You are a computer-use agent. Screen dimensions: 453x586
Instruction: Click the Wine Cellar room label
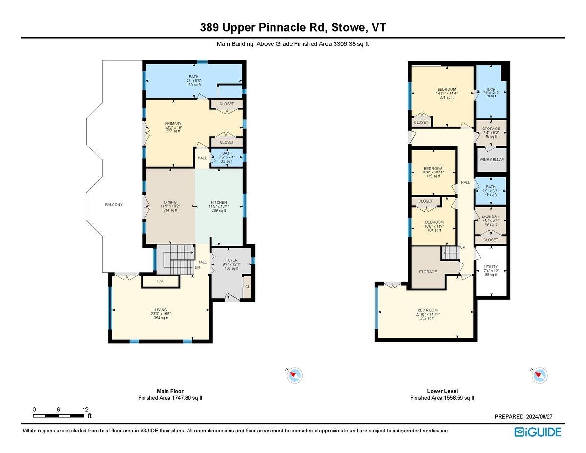pyautogui.click(x=491, y=160)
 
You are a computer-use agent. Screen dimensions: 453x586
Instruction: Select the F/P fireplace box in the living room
pyautogui.click(x=160, y=282)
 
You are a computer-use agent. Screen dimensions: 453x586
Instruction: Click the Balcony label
pyautogui.click(x=113, y=205)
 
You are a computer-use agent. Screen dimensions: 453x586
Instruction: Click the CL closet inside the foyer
pyautogui.click(x=247, y=287)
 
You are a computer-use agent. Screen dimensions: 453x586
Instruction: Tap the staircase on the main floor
pyautogui.click(x=178, y=256)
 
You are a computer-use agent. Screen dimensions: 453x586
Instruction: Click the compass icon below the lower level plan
pyautogui.click(x=539, y=375)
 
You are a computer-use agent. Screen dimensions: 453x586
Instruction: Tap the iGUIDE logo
pyautogui.click(x=538, y=432)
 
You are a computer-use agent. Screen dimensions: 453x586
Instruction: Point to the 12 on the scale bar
pyautogui.click(x=85, y=409)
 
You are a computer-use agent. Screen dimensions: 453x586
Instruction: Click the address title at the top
pyautogui.click(x=293, y=28)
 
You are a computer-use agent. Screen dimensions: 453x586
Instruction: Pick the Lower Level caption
pyautogui.click(x=441, y=391)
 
